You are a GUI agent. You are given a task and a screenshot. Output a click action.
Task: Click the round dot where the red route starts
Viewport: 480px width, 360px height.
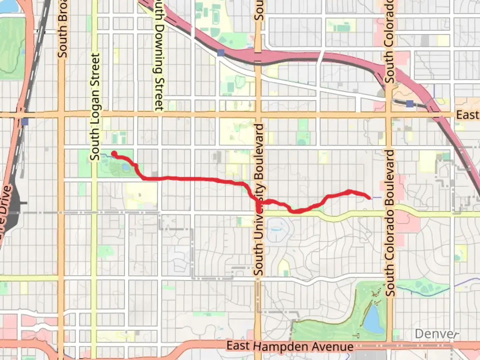(114, 154)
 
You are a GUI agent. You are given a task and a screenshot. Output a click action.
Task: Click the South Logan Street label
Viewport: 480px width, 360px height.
(95, 107)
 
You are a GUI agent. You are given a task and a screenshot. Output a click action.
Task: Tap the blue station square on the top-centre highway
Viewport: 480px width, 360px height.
(220, 53)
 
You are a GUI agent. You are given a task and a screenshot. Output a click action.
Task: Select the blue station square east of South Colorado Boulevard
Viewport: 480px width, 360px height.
(410, 104)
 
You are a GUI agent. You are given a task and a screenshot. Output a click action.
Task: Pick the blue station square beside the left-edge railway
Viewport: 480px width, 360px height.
(24, 122)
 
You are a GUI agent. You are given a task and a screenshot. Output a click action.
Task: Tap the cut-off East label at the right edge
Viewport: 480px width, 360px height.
(467, 115)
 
